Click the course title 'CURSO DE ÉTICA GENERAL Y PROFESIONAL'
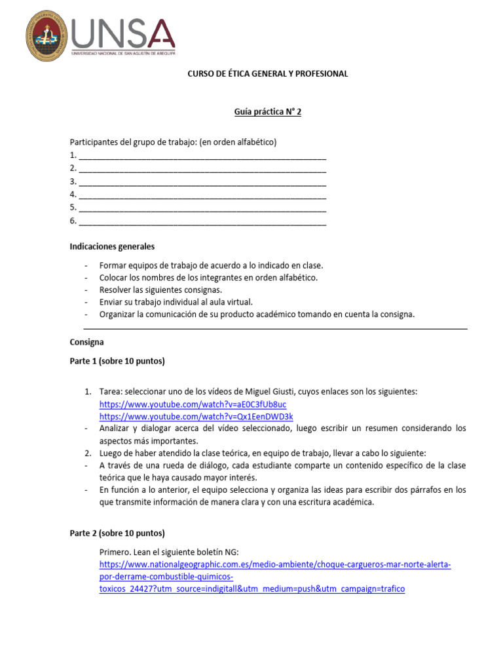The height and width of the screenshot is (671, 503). point(268,74)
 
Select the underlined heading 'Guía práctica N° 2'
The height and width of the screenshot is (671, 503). point(268,112)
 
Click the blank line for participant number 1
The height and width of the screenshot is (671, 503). point(202,156)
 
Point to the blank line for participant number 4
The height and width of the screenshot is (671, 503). point(202,195)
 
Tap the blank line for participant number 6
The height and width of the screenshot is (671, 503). point(202,221)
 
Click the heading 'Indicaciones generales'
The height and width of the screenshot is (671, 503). point(112,247)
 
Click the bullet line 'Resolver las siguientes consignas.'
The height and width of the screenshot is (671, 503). point(160,290)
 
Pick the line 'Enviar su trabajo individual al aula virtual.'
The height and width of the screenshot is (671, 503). point(176,302)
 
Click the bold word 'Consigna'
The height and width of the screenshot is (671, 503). point(86,342)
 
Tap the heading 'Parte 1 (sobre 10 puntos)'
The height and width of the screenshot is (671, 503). point(117,361)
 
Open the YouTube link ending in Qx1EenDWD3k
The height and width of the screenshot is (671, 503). point(196,416)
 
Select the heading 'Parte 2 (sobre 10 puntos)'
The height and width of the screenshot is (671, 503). point(117,533)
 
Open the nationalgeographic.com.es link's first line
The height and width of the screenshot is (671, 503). point(275,565)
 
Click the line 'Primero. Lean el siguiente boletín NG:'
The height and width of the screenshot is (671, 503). point(174,552)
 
